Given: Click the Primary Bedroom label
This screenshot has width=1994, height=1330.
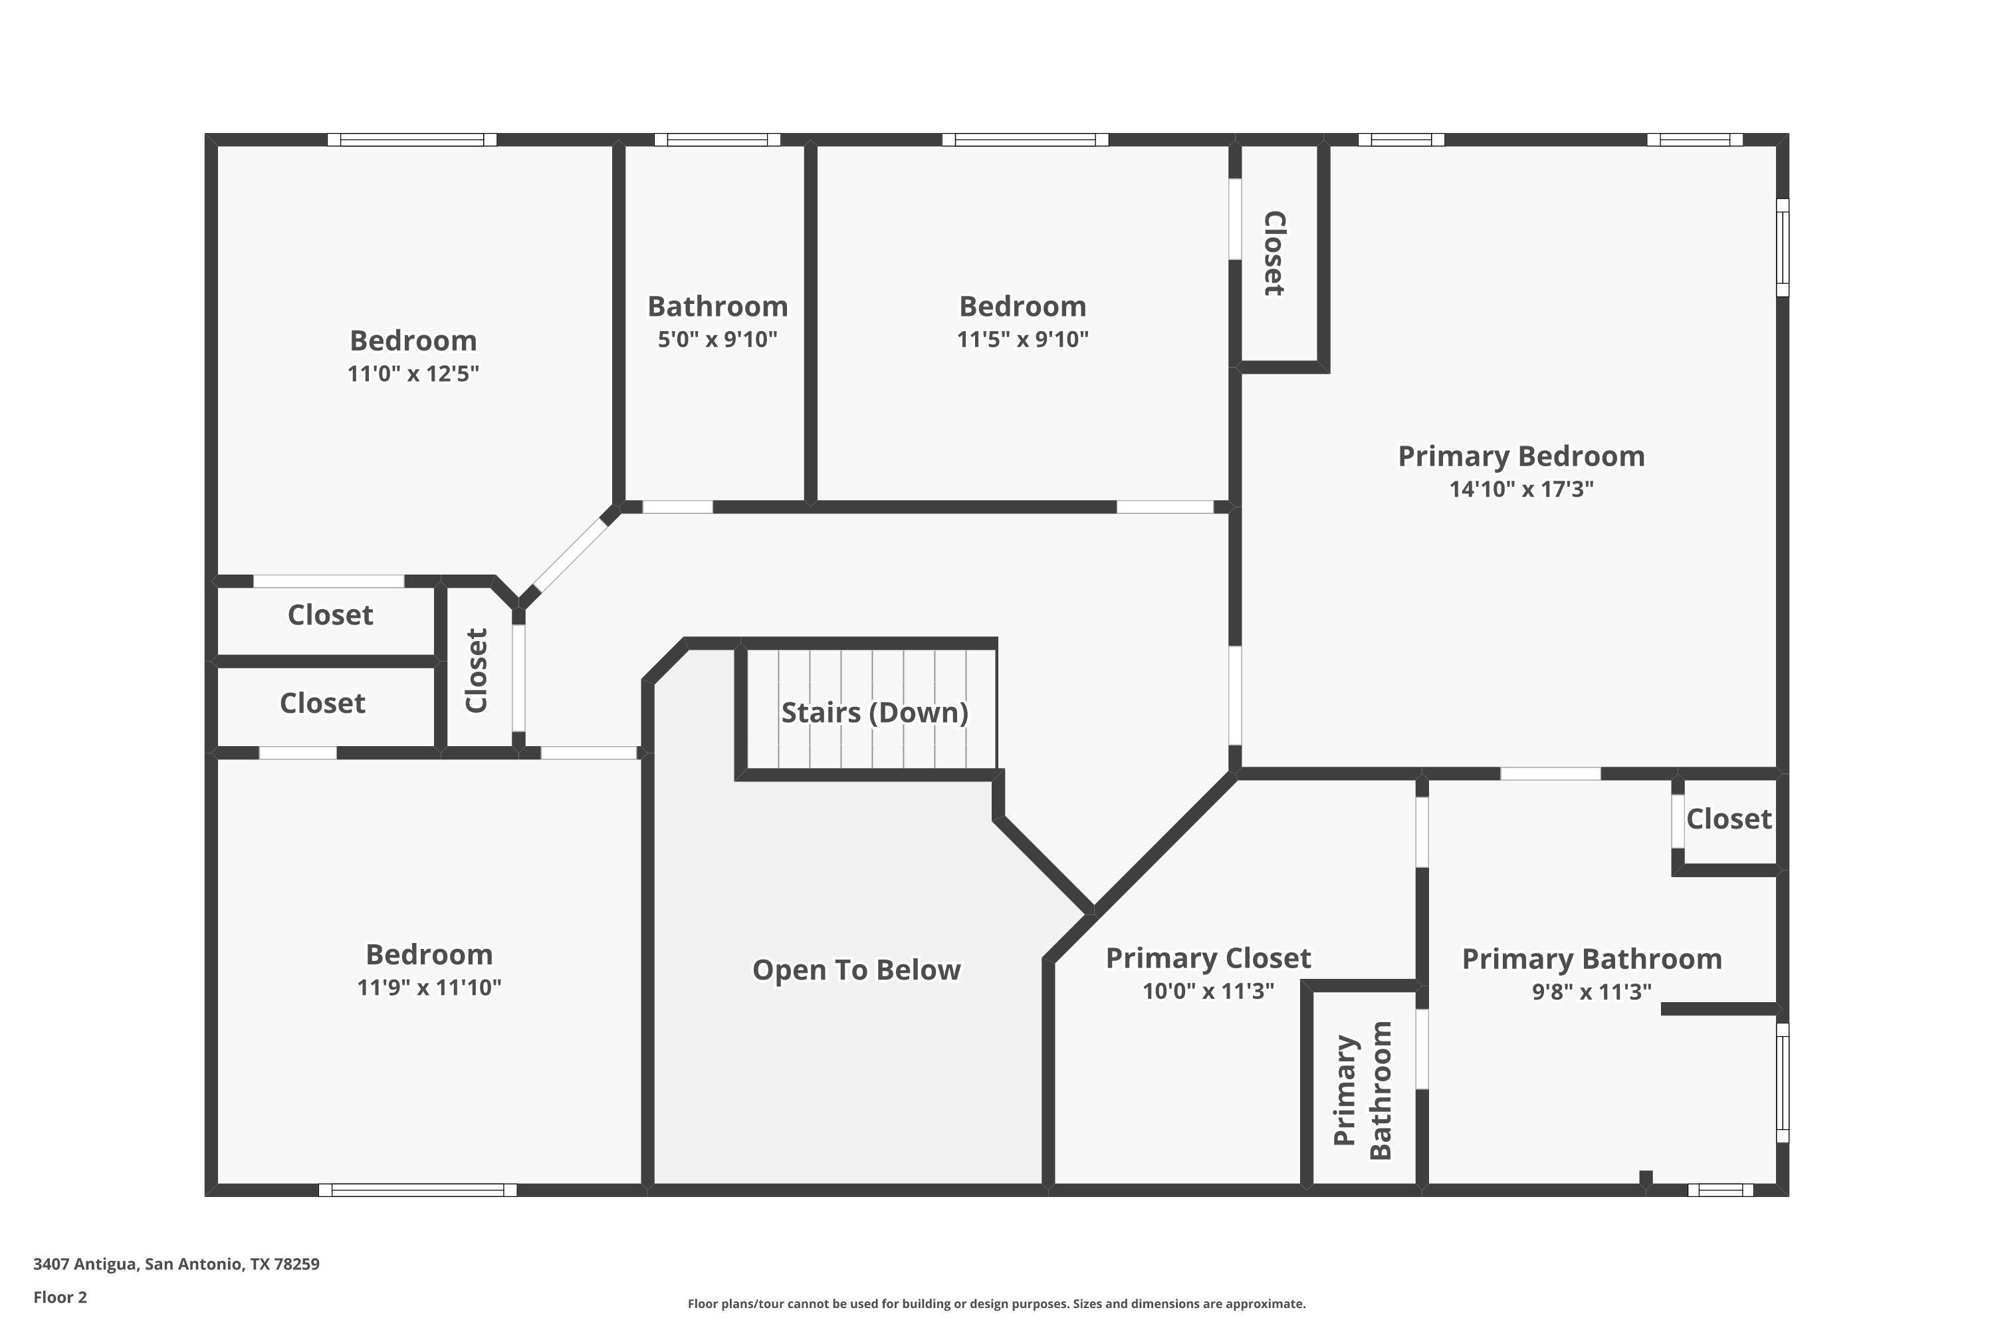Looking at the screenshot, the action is (1521, 456).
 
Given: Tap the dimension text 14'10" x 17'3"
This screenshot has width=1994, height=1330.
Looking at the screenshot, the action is (1521, 489).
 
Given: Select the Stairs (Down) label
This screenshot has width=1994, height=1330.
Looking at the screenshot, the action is (874, 712).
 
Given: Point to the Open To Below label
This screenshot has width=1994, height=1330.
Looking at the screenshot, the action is (856, 970).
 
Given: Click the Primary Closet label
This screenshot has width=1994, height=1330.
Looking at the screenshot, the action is (1208, 958).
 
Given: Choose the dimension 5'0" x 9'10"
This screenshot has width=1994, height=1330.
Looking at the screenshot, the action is (717, 339).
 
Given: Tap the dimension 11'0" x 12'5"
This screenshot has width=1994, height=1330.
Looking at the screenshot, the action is (413, 373).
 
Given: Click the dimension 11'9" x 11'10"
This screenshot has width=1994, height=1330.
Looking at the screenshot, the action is (429, 988).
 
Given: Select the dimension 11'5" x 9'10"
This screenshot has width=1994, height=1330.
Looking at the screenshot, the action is (1022, 339).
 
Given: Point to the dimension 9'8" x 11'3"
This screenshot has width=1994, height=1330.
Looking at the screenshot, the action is (1591, 992).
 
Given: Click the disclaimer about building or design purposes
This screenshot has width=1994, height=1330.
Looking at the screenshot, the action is (996, 1303).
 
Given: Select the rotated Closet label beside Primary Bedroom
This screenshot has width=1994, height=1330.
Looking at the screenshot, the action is (1274, 253).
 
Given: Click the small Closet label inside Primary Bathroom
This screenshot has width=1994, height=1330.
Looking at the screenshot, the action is (1729, 819).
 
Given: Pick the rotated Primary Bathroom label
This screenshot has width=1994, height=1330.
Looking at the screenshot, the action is (1363, 1090).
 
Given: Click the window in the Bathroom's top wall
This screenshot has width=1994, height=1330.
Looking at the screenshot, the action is (717, 140).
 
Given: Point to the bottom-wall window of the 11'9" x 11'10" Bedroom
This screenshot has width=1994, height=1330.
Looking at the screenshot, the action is (417, 1190).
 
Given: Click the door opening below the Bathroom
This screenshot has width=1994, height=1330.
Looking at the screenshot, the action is (677, 507).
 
